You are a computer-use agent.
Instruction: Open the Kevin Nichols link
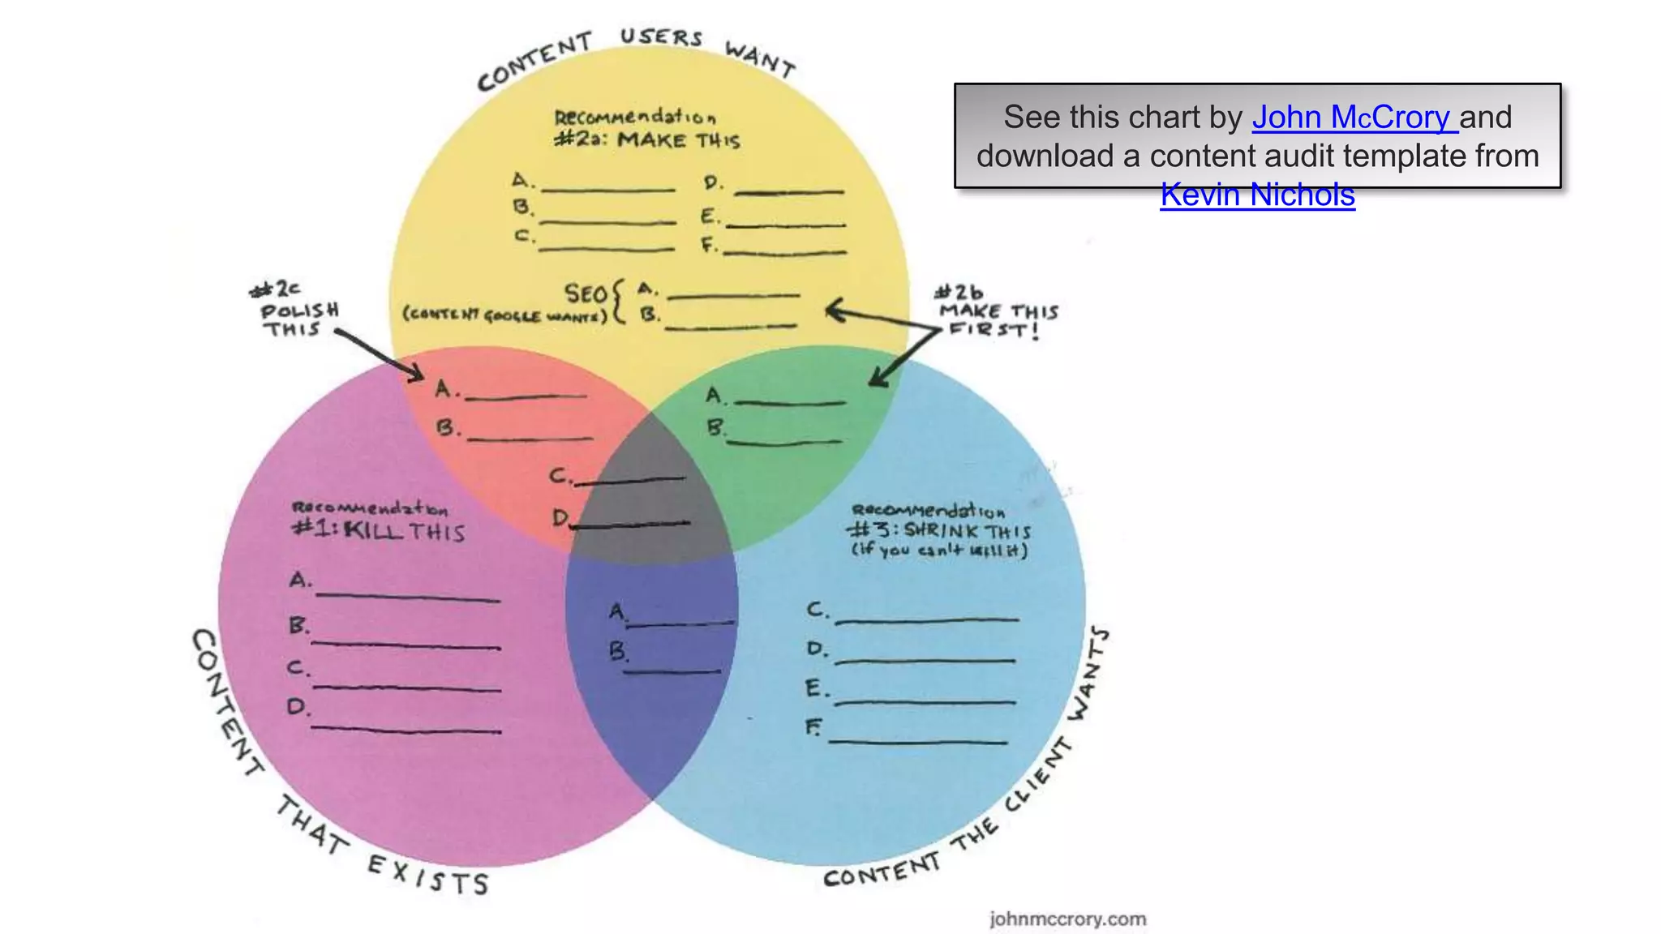(1257, 195)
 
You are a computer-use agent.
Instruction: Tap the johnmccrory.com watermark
(1067, 919)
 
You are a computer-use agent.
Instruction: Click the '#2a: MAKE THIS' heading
(646, 140)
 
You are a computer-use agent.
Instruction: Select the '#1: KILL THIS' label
(379, 531)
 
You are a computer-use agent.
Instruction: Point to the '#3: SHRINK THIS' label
(939, 531)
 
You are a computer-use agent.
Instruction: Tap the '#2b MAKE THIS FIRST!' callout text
(998, 311)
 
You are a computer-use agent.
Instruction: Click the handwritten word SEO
(586, 293)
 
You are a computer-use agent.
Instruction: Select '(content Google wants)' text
(504, 315)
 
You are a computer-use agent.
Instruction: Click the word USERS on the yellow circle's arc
(661, 37)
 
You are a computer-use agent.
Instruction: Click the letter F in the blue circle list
(813, 727)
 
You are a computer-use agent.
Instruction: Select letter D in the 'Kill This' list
(298, 707)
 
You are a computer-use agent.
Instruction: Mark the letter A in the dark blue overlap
(617, 611)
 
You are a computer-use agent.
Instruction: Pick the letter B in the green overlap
(715, 427)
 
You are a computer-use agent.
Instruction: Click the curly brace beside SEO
(619, 302)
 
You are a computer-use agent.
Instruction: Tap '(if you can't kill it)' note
(939, 551)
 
